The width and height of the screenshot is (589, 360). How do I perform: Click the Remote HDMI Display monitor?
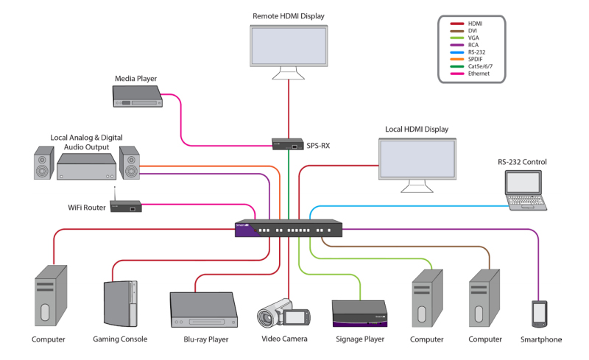[x=288, y=46]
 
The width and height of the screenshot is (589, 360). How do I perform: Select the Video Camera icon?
[x=284, y=315]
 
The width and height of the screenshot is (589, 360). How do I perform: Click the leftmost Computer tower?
[x=50, y=297]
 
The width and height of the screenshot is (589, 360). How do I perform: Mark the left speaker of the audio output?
[x=44, y=163]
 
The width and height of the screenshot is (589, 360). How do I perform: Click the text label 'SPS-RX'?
[x=318, y=145]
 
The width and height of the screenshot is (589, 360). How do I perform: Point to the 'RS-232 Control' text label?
[x=522, y=162]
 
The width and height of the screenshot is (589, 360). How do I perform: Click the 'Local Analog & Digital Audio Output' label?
[x=86, y=142]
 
